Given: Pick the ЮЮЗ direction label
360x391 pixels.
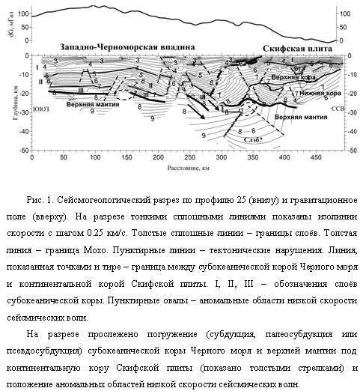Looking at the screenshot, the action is (42, 109).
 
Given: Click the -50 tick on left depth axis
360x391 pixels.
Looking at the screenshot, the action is (22, 151).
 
